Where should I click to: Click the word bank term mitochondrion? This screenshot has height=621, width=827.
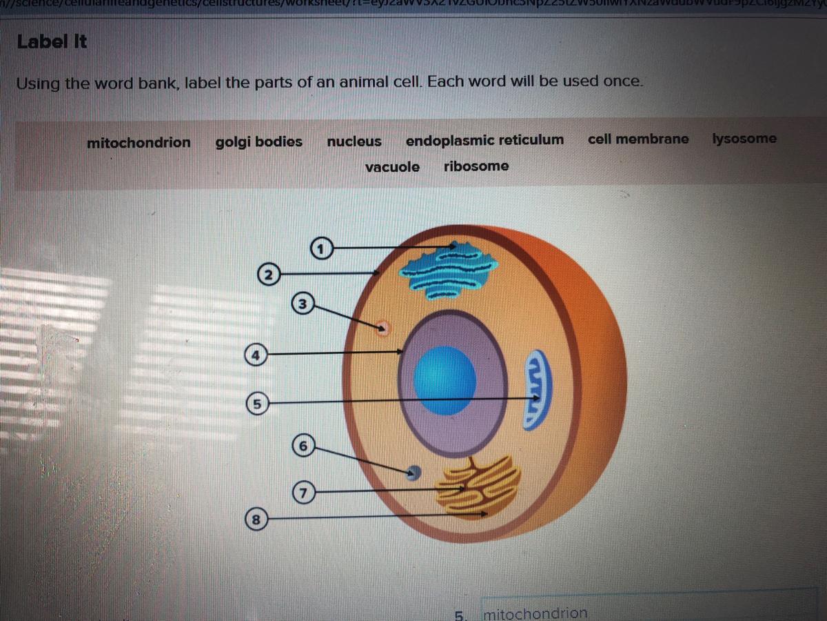pyautogui.click(x=139, y=143)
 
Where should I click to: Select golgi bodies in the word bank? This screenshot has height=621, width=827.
pyautogui.click(x=259, y=142)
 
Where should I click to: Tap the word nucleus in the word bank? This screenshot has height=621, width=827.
pyautogui.click(x=354, y=141)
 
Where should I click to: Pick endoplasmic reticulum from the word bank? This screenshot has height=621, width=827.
pyautogui.click(x=484, y=140)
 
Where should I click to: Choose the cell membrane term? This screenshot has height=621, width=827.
pyautogui.click(x=638, y=139)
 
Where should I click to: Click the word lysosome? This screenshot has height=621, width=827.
pyautogui.click(x=744, y=138)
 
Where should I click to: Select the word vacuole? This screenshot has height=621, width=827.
pyautogui.click(x=392, y=167)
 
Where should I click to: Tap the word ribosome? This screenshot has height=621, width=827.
pyautogui.click(x=476, y=166)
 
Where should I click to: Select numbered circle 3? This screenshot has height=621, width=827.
pyautogui.click(x=302, y=304)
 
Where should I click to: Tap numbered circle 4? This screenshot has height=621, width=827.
pyautogui.click(x=256, y=355)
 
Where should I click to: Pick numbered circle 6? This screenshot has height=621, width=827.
pyautogui.click(x=304, y=445)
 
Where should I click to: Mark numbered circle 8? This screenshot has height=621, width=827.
pyautogui.click(x=256, y=519)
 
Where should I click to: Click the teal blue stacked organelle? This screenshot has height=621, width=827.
pyautogui.click(x=449, y=271)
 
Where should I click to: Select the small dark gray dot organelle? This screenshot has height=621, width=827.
pyautogui.click(x=414, y=472)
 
